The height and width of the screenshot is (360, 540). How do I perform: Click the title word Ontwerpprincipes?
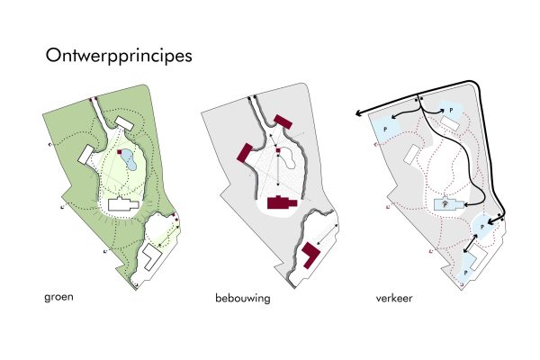(x=119, y=56)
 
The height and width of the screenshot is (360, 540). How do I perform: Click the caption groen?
(x=58, y=297)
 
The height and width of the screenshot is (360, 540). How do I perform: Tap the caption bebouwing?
(x=243, y=298)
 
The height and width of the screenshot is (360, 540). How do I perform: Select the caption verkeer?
(x=394, y=298)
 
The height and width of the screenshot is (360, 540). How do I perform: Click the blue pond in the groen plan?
(x=128, y=160)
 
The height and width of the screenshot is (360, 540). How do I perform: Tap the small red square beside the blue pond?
(x=120, y=151)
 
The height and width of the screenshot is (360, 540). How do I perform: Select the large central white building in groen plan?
(x=123, y=204)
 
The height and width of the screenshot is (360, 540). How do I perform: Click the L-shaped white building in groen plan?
(x=151, y=256)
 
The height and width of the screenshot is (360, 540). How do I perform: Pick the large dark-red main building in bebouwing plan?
(x=282, y=202)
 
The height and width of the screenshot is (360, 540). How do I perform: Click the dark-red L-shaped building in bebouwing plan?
(x=310, y=254)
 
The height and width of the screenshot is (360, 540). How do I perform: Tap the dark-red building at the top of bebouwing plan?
(x=283, y=122)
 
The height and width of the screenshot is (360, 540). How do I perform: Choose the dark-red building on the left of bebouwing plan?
(x=245, y=153)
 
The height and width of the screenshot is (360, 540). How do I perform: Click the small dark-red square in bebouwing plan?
(x=278, y=150)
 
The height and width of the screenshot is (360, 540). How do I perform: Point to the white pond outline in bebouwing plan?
(x=289, y=158)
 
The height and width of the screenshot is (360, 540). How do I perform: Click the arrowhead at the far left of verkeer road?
(x=358, y=113)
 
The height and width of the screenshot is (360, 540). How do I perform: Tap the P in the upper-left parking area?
(x=385, y=130)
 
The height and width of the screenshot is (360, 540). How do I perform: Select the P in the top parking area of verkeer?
(x=451, y=111)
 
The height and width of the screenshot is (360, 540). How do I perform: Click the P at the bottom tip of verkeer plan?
(x=465, y=273)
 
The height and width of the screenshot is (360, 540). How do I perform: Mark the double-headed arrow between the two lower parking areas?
(x=471, y=243)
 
